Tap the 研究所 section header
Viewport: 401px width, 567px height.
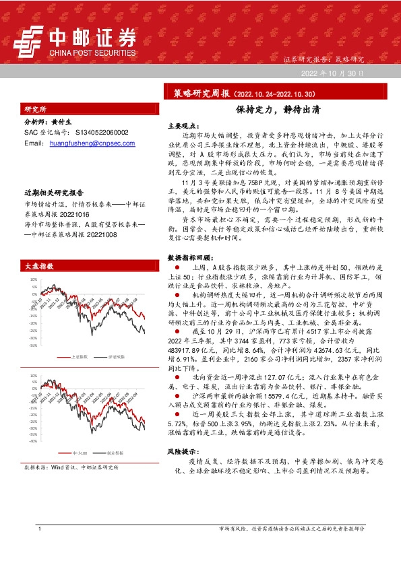click(36, 109)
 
